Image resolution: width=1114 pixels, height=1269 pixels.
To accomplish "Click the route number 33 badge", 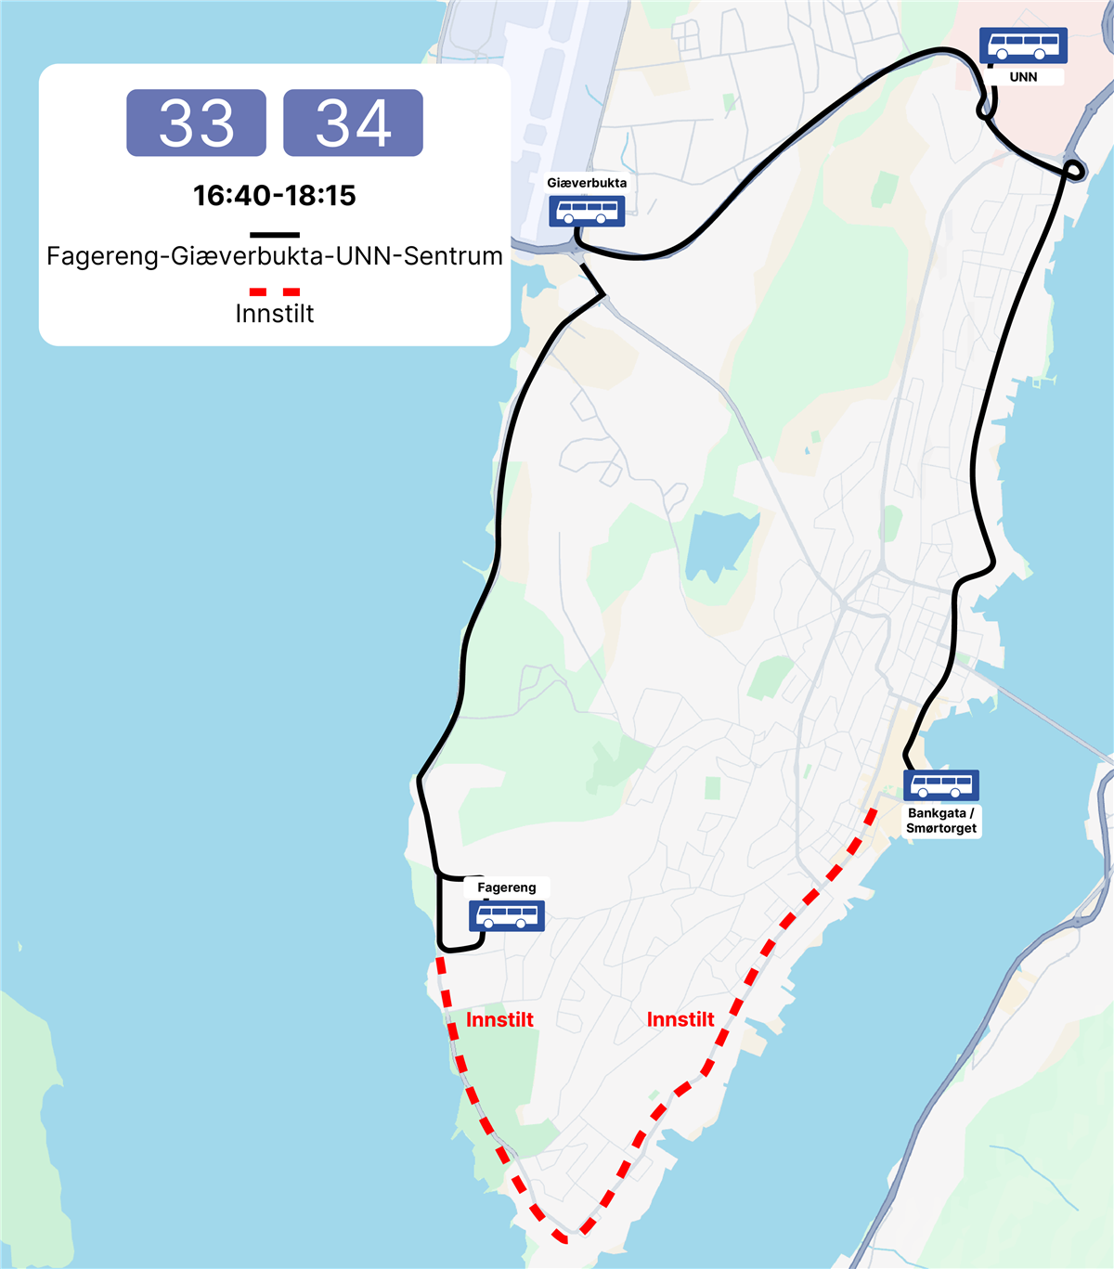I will (x=196, y=123).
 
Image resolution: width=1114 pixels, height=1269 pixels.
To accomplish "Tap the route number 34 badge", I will (x=353, y=123).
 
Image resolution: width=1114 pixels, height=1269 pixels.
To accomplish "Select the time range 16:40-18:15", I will (x=274, y=195).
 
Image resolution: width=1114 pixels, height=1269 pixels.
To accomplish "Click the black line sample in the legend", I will (x=274, y=235).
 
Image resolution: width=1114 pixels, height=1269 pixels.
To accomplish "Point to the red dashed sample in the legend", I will (x=274, y=291).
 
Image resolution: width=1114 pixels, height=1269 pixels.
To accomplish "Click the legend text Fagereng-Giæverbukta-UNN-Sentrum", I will (x=274, y=256).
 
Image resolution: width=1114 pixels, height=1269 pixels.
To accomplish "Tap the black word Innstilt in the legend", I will (x=274, y=314).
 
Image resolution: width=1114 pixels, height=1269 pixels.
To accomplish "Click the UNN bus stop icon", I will (x=1023, y=45).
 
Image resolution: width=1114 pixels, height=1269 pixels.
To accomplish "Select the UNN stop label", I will (x=1023, y=77).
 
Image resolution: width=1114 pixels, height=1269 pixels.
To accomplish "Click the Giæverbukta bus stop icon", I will (x=587, y=212).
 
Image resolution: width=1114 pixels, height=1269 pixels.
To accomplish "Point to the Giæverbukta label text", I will (x=587, y=183).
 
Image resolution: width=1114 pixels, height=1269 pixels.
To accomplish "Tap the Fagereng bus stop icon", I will (x=506, y=916).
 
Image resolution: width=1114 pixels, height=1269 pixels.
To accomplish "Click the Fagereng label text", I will (x=506, y=887).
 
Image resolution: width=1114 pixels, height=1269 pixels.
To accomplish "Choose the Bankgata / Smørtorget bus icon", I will (x=941, y=786).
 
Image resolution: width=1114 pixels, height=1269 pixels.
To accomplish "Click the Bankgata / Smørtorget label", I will (x=941, y=821).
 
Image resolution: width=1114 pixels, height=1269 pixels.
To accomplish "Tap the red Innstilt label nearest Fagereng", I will (x=499, y=1019).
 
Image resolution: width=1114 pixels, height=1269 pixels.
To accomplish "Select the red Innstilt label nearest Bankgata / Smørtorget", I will (x=680, y=1019).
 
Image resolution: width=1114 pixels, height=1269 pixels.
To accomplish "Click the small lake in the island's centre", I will (x=719, y=543).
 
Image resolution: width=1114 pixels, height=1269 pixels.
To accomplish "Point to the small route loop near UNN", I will (x=1074, y=170).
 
